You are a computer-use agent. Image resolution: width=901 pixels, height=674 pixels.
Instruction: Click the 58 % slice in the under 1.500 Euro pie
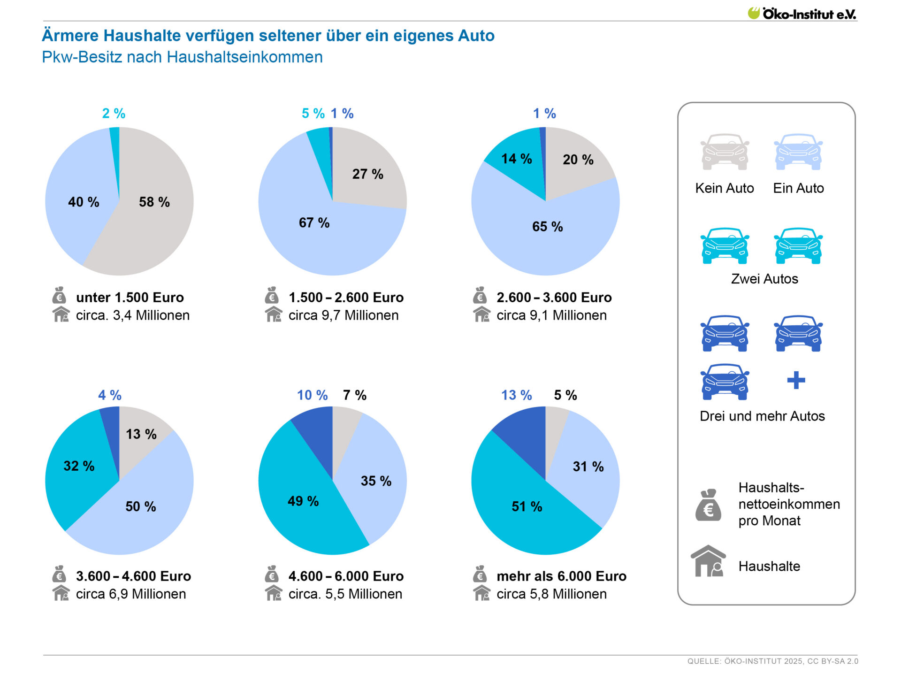155,221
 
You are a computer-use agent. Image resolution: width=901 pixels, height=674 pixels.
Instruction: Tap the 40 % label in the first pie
84,202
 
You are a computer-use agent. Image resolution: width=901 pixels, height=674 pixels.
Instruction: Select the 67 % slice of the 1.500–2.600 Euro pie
319,235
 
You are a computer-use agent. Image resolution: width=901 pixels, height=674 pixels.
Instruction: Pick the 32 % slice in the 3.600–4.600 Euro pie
78,466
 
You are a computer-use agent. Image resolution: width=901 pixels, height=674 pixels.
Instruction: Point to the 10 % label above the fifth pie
312,395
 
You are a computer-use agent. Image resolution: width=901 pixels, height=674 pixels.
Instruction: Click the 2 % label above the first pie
114,114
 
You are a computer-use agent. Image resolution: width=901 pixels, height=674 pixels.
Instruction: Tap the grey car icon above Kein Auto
724,152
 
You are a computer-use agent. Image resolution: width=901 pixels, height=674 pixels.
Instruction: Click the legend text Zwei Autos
764,279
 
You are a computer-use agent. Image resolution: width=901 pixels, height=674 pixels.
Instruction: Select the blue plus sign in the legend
796,380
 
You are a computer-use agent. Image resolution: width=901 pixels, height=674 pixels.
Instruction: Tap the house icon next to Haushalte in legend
708,561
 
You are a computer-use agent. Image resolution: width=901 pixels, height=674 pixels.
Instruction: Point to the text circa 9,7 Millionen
343,315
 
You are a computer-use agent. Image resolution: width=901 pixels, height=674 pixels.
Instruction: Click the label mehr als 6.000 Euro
561,576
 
